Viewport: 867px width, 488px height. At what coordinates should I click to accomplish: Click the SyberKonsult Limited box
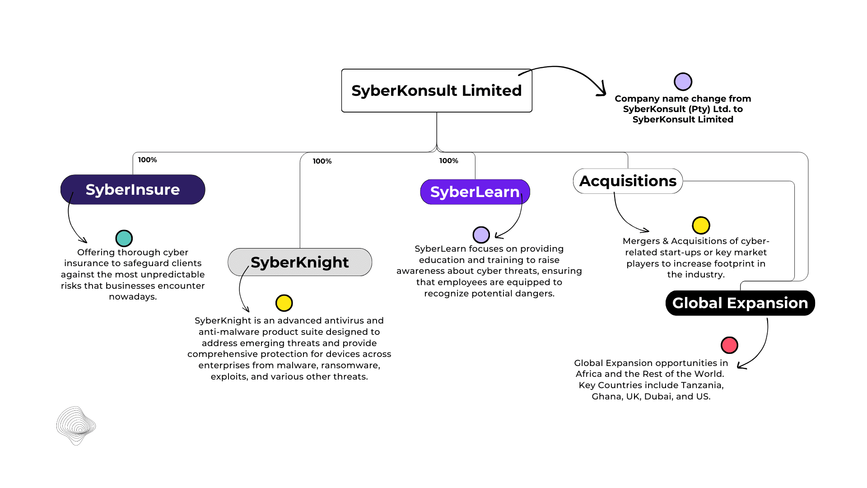point(436,90)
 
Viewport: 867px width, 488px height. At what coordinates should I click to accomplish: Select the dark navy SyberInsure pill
point(133,189)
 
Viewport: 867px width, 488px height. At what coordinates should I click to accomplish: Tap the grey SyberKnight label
point(299,262)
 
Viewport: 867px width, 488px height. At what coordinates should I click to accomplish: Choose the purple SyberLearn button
point(475,192)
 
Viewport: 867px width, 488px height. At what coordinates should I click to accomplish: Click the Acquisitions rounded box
point(628,181)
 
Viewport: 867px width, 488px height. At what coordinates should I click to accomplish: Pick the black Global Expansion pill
point(740,303)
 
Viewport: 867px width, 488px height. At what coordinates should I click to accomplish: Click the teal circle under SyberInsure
point(124,238)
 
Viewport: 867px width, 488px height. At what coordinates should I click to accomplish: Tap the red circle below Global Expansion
point(729,345)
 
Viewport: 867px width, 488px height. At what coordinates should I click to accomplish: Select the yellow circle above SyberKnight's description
point(284,303)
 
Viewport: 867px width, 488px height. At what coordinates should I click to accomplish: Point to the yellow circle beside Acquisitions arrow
point(701,225)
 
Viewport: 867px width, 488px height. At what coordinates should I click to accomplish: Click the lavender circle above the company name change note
point(683,82)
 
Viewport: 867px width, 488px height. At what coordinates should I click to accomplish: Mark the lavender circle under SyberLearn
point(481,235)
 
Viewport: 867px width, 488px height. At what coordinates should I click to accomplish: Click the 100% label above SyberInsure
point(148,160)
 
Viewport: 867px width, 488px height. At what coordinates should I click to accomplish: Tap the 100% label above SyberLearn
point(448,161)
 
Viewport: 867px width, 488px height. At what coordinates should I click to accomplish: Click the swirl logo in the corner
point(76,425)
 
